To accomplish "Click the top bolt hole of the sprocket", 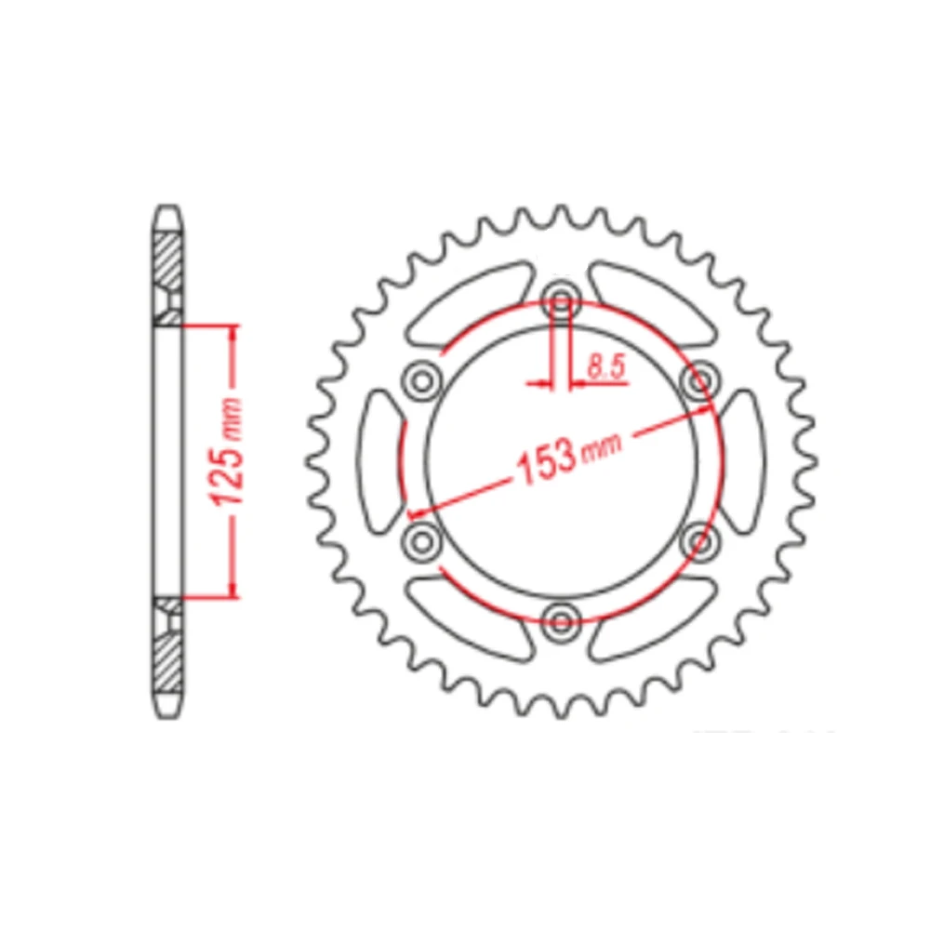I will pos(561,299).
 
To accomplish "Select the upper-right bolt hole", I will pos(698,379).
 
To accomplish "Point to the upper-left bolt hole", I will pos(423,379).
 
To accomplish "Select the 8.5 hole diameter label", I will pos(604,367).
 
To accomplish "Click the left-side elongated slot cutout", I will pos(379,458).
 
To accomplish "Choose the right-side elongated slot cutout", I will pos(743,458).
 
